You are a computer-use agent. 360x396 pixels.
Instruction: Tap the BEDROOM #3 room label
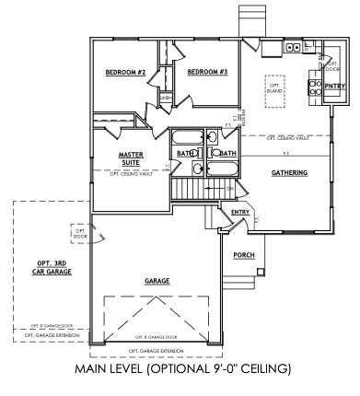coord(207,73)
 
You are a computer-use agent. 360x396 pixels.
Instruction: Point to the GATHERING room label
coord(289,173)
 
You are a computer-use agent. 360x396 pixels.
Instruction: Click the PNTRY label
coord(334,87)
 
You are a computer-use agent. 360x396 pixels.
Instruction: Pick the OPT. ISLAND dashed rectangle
coord(273,86)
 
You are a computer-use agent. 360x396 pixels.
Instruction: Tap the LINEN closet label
coord(166,97)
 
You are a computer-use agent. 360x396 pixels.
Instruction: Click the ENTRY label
coord(240,213)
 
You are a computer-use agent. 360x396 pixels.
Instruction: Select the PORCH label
coord(245,255)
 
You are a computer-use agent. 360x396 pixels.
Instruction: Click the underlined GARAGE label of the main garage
coord(161,281)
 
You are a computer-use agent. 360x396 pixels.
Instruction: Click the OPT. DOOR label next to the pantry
coord(333,65)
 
